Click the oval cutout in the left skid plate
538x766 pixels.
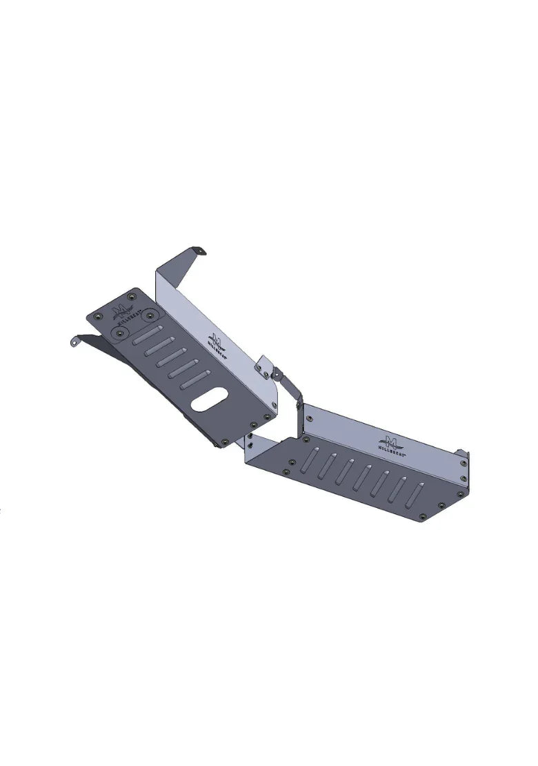tap(210, 400)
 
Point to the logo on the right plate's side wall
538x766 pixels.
tap(392, 442)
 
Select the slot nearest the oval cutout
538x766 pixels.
tap(194, 381)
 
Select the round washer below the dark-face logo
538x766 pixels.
tap(121, 333)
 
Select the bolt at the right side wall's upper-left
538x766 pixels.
tap(310, 419)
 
